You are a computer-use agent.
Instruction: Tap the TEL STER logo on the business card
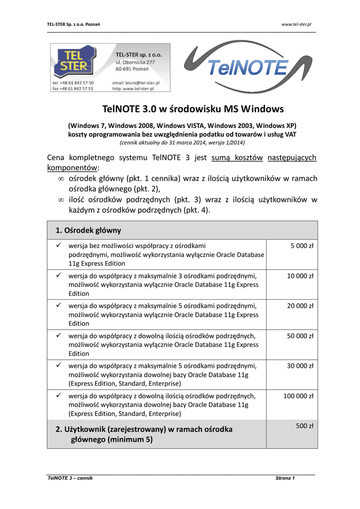[74, 61]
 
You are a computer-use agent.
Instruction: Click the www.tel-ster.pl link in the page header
[296, 24]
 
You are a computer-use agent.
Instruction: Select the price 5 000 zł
[302, 246]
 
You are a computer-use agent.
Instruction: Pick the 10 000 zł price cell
[300, 276]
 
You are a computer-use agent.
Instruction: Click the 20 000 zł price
[300, 306]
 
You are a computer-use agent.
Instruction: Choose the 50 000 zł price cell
[300, 336]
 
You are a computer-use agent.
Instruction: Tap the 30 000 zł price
[300, 366]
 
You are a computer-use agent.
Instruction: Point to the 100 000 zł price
[298, 396]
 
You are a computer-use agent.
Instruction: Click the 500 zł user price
[304, 426]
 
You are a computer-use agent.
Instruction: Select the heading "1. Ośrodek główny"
[88, 230]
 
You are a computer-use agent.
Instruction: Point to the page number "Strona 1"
[285, 478]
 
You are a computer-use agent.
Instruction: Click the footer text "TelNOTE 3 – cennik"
[70, 478]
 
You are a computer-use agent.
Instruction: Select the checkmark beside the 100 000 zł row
[58, 396]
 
